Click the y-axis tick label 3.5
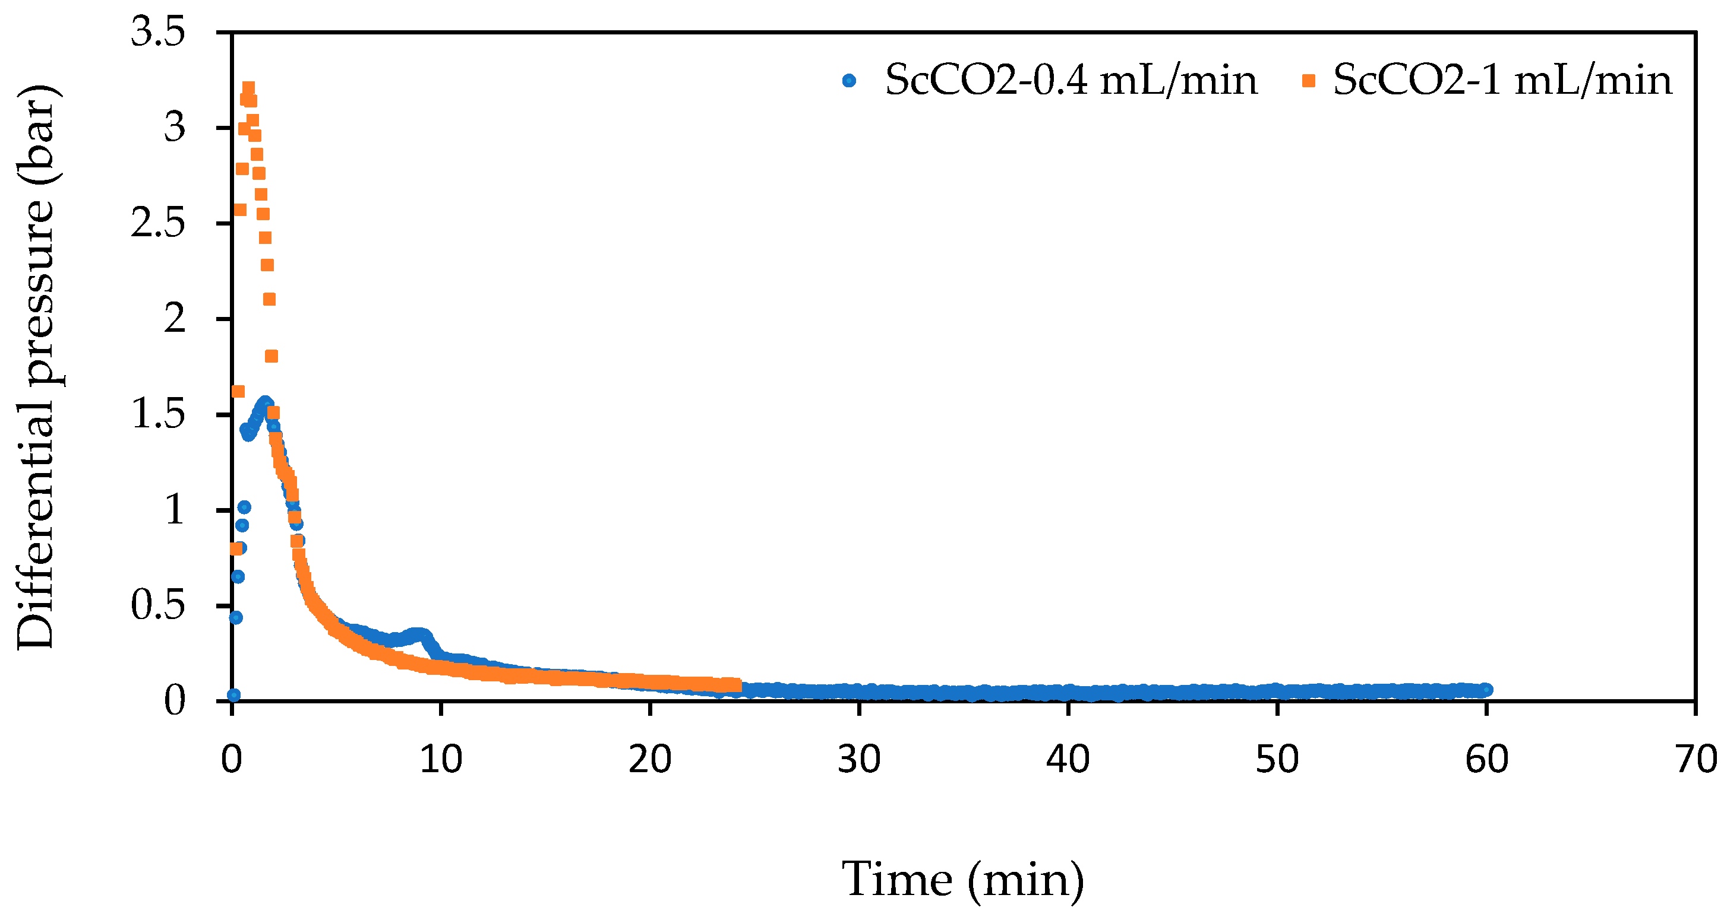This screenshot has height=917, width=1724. pyautogui.click(x=158, y=31)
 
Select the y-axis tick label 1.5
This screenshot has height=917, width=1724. pyautogui.click(x=158, y=414)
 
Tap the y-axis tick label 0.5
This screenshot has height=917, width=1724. pyautogui.click(x=158, y=605)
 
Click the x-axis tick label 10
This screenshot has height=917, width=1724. pyautogui.click(x=441, y=759)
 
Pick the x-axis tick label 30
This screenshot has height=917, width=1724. pyautogui.click(x=859, y=759)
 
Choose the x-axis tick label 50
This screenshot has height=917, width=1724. pyautogui.click(x=1277, y=759)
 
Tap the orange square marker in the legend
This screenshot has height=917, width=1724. pyautogui.click(x=1308, y=81)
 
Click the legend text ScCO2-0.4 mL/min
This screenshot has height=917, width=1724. pyautogui.click(x=1071, y=81)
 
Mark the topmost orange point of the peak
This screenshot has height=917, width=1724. pyautogui.click(x=248, y=88)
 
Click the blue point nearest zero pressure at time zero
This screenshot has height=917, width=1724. pyautogui.click(x=233, y=695)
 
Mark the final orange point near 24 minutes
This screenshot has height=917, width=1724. pyautogui.click(x=736, y=685)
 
